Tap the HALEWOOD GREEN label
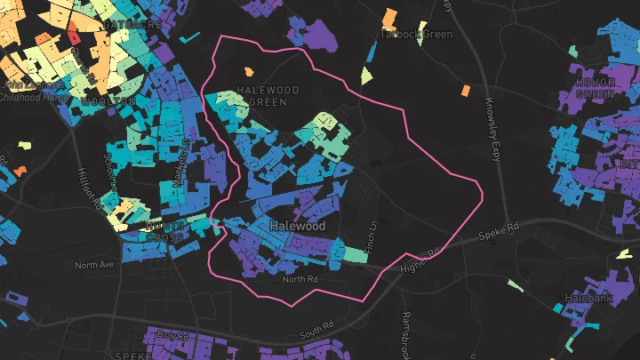pos(262,97)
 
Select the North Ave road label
pos(94,265)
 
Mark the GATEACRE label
pos(132,25)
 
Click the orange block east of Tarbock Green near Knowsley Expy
pos(466,90)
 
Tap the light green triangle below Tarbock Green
pos(366,76)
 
